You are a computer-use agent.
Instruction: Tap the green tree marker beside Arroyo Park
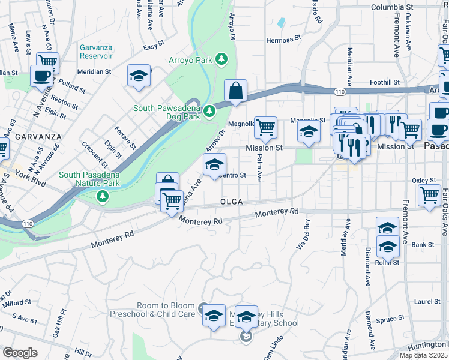(222, 59)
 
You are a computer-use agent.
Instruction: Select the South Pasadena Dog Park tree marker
(209, 111)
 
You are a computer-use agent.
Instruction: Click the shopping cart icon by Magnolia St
(265, 127)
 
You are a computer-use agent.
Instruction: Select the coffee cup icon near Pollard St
(41, 76)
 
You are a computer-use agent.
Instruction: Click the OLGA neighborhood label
(231, 202)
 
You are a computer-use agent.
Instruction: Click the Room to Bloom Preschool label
(166, 310)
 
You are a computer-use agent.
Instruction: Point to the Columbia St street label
(392, 7)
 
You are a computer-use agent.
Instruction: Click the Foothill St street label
(385, 82)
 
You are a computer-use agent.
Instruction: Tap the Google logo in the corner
(20, 352)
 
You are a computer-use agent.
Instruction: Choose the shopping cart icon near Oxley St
(430, 195)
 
